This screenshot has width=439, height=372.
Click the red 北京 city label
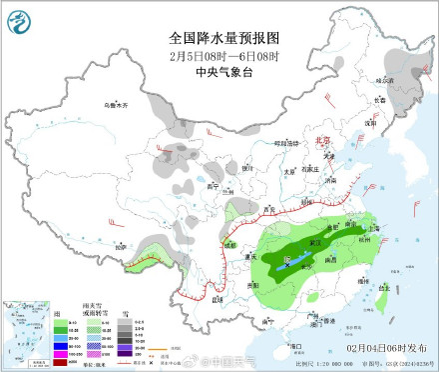pyautogui.click(x=321, y=141)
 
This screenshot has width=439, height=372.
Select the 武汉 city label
pyautogui.click(x=317, y=241)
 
